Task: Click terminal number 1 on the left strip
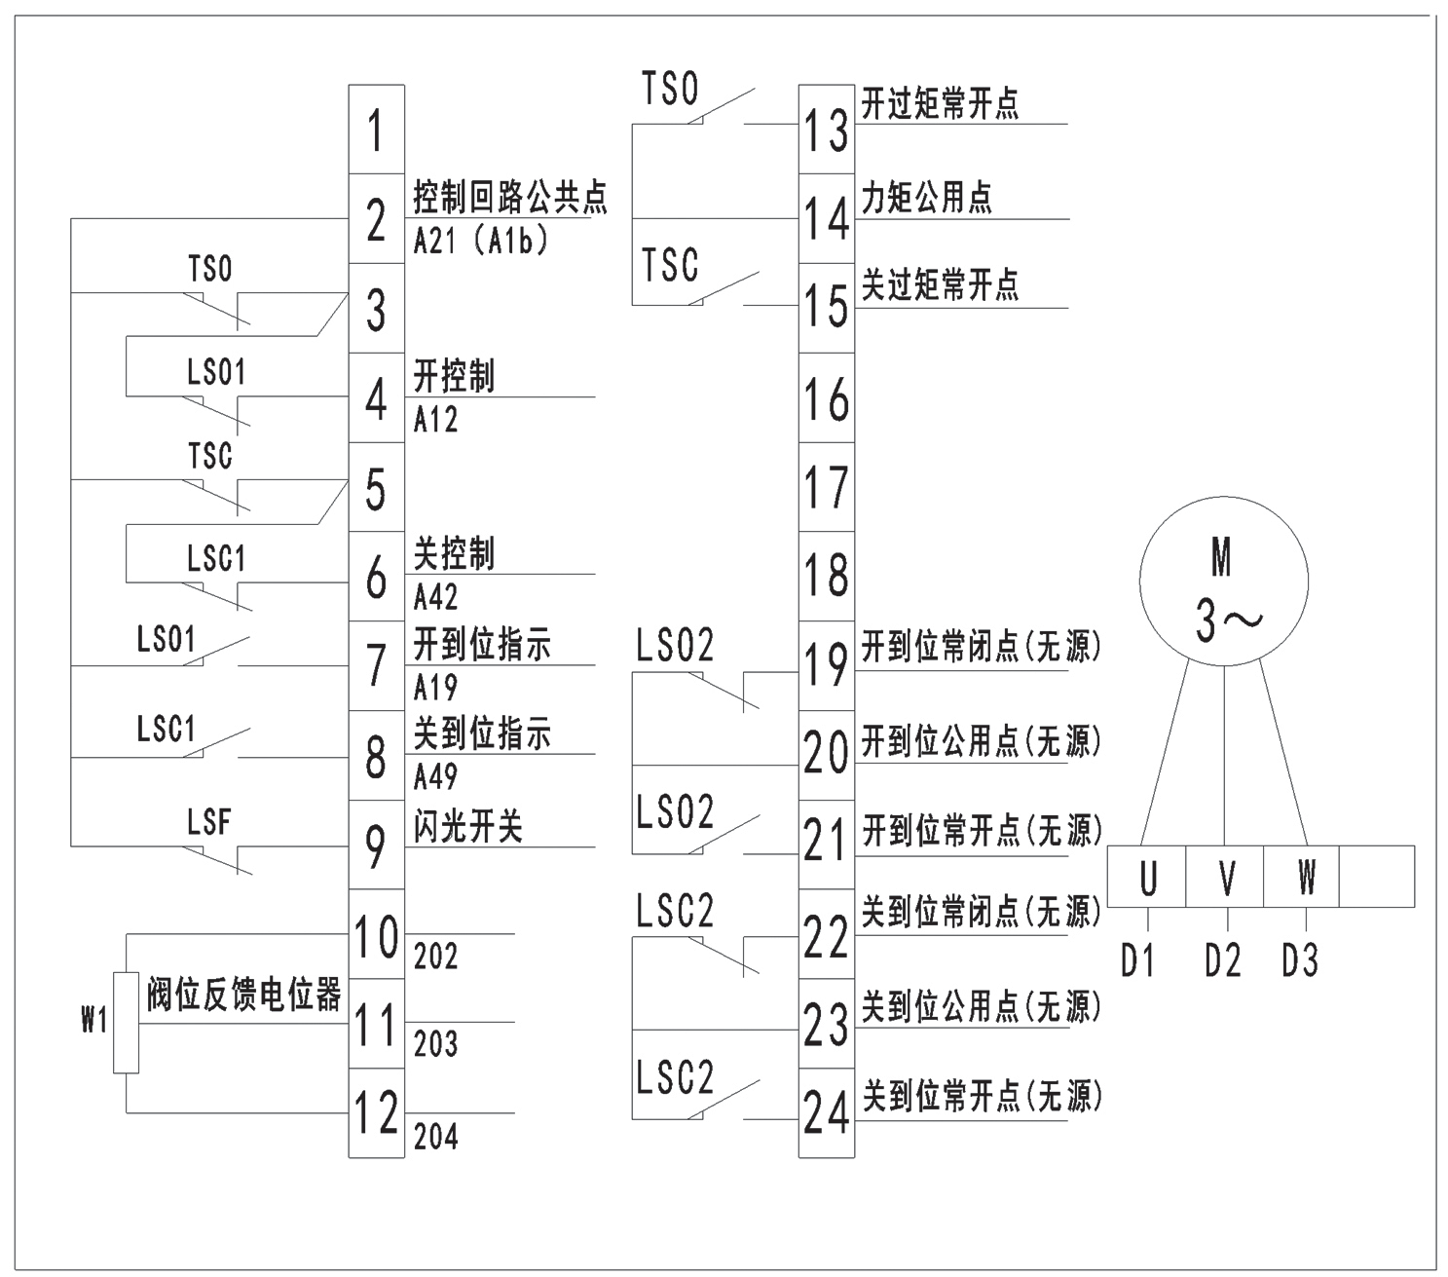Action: (376, 130)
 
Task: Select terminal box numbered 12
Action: (376, 1112)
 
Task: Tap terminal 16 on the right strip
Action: (826, 398)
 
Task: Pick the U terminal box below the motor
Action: (1147, 877)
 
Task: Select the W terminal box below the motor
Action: (1304, 877)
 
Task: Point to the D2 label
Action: (1223, 961)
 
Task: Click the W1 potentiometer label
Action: (93, 1021)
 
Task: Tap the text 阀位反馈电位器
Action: (243, 995)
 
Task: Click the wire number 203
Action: (435, 1044)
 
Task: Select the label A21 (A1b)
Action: (480, 241)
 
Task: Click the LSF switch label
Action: (209, 823)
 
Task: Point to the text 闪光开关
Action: (468, 827)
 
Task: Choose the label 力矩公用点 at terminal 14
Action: (926, 198)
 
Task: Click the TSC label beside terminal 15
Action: (670, 265)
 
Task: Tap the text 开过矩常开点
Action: (940, 104)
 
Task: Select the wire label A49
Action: (435, 776)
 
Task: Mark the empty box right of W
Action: (1377, 877)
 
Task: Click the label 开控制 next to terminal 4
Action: (454, 376)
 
